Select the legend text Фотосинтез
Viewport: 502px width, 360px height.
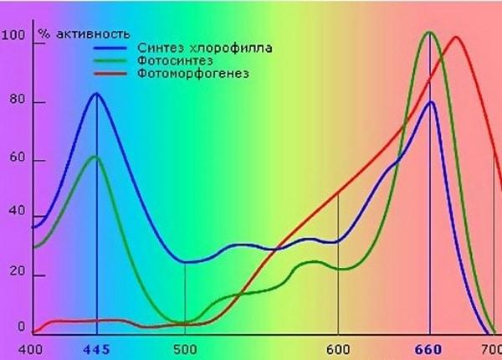173,61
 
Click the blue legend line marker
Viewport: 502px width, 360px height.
112,48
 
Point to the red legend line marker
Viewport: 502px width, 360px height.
112,74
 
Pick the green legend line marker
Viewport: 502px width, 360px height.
112,61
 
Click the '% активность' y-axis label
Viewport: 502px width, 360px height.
82,34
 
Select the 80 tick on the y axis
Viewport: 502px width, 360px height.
16,104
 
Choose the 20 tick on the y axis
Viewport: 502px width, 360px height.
16,275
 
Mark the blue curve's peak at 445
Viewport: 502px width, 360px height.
96,93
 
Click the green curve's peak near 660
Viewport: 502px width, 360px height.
429,33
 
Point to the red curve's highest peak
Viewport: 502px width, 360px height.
456,37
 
